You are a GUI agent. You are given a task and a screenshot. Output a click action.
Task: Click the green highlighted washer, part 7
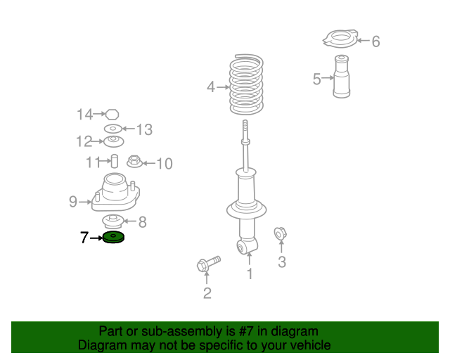click(x=113, y=237)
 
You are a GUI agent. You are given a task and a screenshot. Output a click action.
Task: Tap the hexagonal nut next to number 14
click(x=112, y=115)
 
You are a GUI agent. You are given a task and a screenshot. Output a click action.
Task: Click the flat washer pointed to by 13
click(x=112, y=129)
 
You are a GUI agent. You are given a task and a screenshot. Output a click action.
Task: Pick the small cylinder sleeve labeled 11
click(x=114, y=161)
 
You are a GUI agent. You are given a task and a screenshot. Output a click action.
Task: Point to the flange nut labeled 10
click(x=134, y=161)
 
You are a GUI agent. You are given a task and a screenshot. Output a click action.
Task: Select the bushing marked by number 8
click(x=113, y=221)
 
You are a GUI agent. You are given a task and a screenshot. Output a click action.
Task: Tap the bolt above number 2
click(x=208, y=263)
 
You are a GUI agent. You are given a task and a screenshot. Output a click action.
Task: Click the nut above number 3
click(x=280, y=233)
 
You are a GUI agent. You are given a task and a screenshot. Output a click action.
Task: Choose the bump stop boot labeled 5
click(x=342, y=77)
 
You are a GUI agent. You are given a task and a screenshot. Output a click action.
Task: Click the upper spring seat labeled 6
click(x=340, y=39)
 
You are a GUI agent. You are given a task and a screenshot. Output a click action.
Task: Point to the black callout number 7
click(x=84, y=238)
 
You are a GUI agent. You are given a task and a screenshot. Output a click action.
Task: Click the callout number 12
click(x=84, y=141)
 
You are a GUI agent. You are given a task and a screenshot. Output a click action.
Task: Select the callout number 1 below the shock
click(x=250, y=274)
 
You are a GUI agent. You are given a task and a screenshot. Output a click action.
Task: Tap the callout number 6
click(x=376, y=41)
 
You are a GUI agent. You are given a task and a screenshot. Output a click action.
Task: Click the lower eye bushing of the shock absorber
click(x=242, y=247)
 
